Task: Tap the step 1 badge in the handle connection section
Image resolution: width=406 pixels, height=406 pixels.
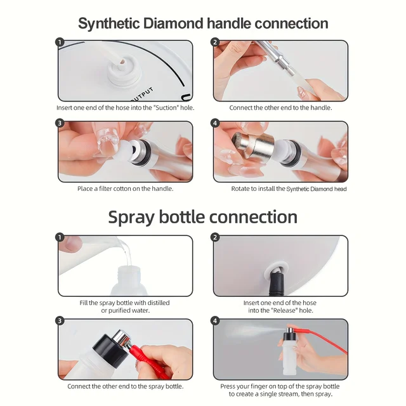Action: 60,43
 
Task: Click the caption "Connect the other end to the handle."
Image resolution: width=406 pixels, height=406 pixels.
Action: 280,108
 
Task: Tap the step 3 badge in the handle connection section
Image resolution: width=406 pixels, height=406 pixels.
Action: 60,123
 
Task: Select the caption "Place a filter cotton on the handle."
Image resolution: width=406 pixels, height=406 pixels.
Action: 125,188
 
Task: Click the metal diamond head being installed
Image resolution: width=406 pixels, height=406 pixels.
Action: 252,147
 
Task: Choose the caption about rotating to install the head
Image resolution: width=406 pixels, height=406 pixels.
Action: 289,188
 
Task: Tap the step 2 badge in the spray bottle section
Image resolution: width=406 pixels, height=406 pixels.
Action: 215,237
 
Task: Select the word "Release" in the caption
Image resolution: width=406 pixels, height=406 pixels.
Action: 274,310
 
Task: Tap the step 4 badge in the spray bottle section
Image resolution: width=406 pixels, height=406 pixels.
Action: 215,321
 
